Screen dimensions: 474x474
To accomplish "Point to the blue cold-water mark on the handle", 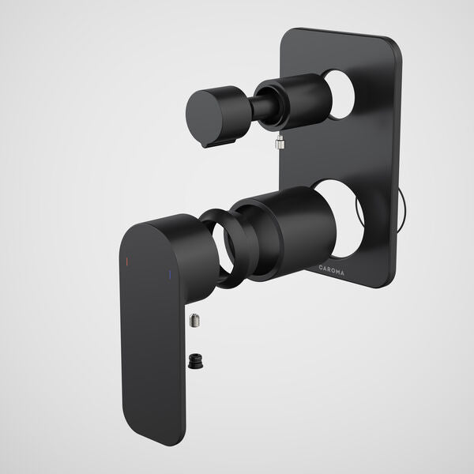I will click(168, 274).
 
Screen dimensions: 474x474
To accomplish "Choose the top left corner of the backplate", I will click(287, 34).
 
